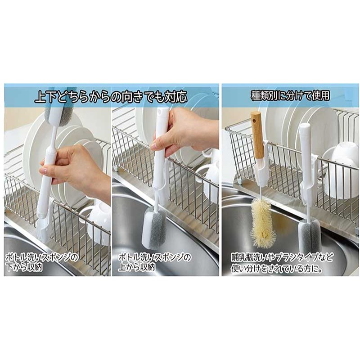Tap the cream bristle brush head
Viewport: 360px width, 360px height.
[x=262, y=222]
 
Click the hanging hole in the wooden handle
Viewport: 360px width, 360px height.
[x=254, y=121]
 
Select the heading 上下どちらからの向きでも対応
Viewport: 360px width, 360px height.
[x=111, y=96]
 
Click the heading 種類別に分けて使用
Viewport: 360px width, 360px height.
[x=290, y=95]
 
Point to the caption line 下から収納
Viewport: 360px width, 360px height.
[x=24, y=267]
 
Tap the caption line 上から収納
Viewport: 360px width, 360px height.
[x=137, y=267]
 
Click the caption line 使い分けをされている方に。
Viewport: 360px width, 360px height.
[x=276, y=268]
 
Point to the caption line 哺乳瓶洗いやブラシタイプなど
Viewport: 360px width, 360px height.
[x=282, y=257]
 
